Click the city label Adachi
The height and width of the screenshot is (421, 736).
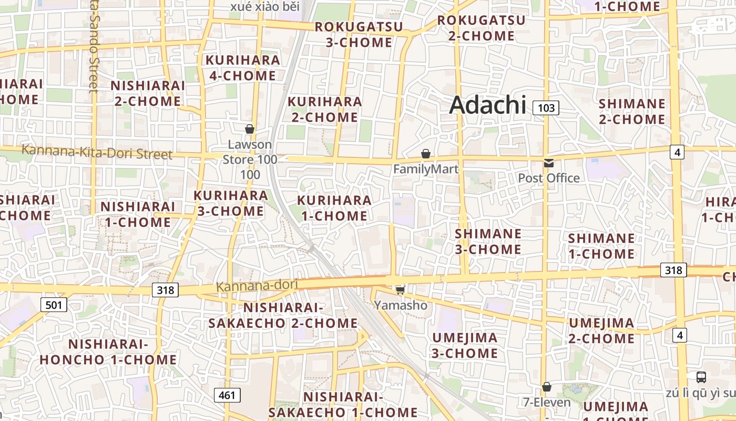(487, 105)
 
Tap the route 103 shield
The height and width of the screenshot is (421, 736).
(546, 108)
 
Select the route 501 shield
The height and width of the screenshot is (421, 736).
(54, 304)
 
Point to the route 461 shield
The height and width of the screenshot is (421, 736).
(227, 395)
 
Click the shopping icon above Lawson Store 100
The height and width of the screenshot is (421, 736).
(250, 129)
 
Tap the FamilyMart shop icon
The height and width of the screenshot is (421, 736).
(426, 154)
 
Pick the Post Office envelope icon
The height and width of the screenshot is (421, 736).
(549, 163)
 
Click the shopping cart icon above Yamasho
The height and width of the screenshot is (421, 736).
(400, 290)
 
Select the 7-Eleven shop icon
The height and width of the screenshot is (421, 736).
(547, 387)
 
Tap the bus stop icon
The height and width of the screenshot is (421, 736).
(701, 377)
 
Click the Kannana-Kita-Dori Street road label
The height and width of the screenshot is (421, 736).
(97, 153)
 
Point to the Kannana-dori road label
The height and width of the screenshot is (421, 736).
(257, 285)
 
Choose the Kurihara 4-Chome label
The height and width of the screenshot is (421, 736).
(242, 68)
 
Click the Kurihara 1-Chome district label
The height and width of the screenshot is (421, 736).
(334, 208)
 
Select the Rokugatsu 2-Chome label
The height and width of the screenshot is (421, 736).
(481, 28)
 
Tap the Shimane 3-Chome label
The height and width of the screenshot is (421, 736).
(488, 241)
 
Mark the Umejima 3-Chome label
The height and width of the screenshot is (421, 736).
(465, 345)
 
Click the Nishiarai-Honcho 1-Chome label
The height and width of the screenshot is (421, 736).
(108, 352)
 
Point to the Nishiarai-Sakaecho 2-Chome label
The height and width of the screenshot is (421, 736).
(283, 315)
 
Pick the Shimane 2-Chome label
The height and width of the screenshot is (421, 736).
(632, 111)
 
